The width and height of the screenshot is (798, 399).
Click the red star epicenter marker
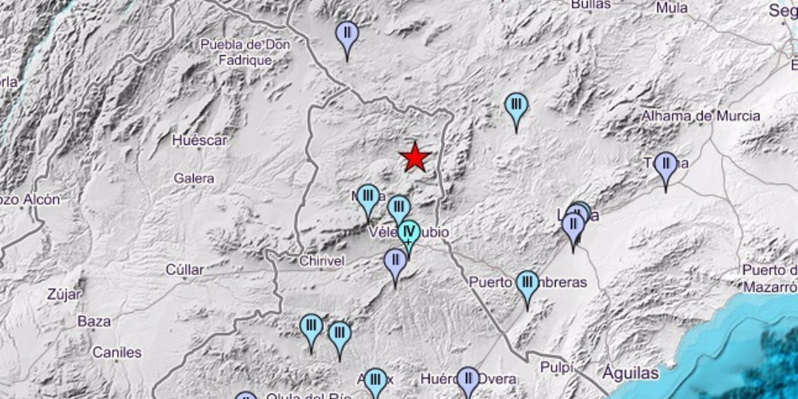[415, 157]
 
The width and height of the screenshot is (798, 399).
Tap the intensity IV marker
[409, 232]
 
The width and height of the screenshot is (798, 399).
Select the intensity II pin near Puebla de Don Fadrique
[346, 34]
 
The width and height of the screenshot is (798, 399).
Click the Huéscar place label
[199, 140]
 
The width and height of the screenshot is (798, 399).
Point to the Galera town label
[194, 178]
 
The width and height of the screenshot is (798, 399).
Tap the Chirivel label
[320, 261]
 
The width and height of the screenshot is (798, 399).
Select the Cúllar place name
[185, 269]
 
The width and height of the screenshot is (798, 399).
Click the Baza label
[94, 321]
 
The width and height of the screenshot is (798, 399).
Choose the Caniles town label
[117, 352]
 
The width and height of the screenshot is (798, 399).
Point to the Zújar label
[64, 295]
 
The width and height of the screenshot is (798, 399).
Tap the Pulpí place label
[556, 367]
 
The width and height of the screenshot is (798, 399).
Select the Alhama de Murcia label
[701, 116]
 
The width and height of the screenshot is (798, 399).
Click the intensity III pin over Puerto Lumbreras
[527, 284]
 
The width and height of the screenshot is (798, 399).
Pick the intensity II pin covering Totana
[666, 165]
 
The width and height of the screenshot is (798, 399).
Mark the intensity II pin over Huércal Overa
[468, 380]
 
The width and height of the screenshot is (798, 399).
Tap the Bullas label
[591, 4]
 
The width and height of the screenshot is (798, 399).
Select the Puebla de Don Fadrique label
[245, 52]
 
